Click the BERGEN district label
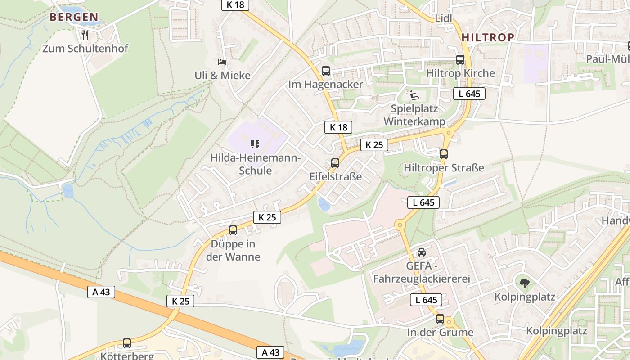coord(74,18)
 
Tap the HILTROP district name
coord(488,37)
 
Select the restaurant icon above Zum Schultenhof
coord(85,35)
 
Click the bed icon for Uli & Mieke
coord(222,62)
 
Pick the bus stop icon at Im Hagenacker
coord(325,71)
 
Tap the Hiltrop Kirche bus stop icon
coord(460,60)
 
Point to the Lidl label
coord(443,18)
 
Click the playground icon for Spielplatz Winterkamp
coord(414,95)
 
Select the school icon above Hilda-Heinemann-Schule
coord(255,144)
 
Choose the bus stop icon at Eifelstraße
coord(335,163)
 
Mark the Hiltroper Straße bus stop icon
coord(444,154)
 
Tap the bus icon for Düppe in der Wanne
coord(233,230)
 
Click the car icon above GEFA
coord(422,252)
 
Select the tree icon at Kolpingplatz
coord(524,283)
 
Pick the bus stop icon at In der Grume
coord(440,319)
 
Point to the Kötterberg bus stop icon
coord(127,343)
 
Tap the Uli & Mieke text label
coord(222,75)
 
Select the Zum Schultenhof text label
coord(85,48)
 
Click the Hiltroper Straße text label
coord(444,168)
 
